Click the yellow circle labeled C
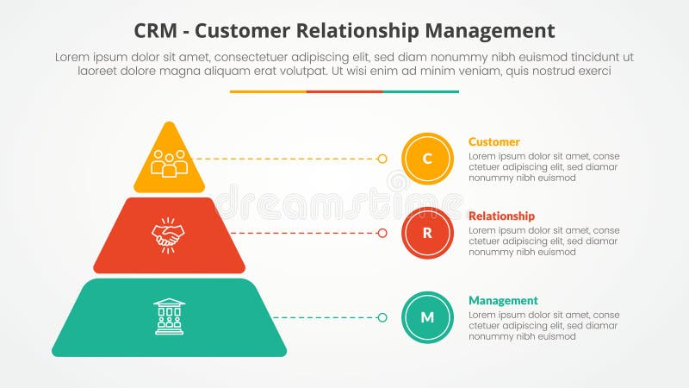click(427, 159)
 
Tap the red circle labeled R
click(427, 233)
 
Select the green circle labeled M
click(427, 317)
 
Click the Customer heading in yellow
click(493, 141)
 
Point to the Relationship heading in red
click(501, 216)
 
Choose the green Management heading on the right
click(503, 300)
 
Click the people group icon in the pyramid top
click(170, 162)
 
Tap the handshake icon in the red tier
click(169, 234)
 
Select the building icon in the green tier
click(169, 316)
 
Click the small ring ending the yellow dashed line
click(382, 159)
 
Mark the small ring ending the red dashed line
click(382, 233)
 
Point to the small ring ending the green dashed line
click(382, 317)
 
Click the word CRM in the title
click(158, 31)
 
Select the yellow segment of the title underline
click(268, 91)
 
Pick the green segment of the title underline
click(420, 91)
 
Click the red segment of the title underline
click(344, 91)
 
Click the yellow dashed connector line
click(284, 159)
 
